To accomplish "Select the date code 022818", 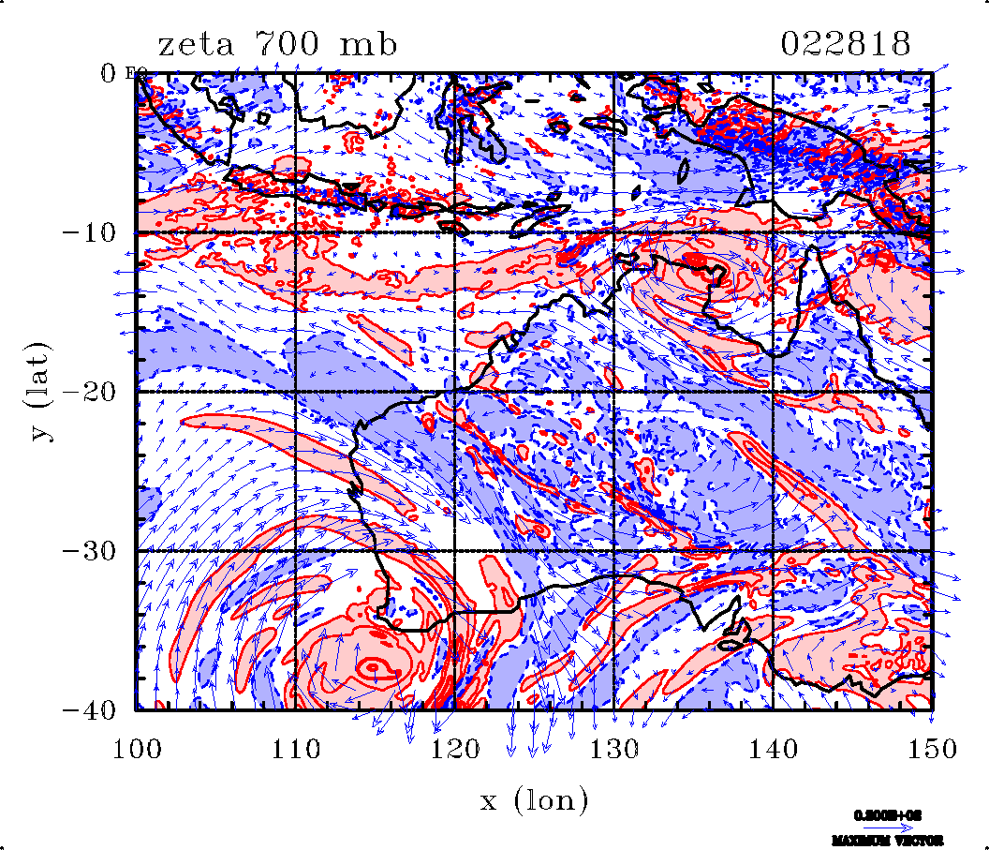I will point(846,45).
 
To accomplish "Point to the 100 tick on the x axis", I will point(138,749).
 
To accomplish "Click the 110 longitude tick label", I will point(296,749).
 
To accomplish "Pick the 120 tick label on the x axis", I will point(455,749).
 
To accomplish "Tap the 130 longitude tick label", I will point(614,749).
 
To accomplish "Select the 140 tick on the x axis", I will point(773,749).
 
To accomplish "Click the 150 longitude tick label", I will point(932,749).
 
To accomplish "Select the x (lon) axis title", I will point(534,800).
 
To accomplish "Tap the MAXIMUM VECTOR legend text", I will point(885,840).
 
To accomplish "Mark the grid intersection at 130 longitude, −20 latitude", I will point(613,392).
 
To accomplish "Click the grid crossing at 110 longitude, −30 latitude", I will point(296,550).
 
